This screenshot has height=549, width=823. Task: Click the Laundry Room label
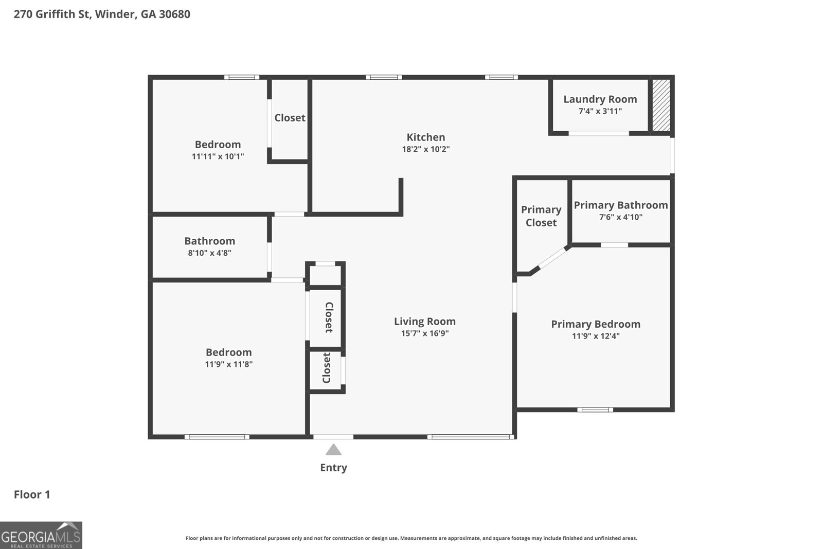[600, 99]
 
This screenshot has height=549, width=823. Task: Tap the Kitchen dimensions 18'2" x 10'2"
[425, 149]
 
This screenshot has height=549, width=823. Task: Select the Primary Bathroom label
[620, 205]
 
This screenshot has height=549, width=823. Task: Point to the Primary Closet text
[541, 216]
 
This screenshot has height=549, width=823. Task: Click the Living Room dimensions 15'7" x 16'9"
[424, 333]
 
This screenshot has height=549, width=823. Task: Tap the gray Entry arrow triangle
[333, 450]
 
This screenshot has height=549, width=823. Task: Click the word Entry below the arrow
[333, 468]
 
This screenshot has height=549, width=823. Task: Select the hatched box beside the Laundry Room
[661, 105]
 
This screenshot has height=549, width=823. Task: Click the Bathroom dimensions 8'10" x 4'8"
[209, 253]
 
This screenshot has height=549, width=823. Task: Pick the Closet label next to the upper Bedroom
[290, 118]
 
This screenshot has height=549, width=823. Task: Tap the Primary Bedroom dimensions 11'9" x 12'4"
[595, 336]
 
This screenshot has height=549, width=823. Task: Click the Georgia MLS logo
[41, 535]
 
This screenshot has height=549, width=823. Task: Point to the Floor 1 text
[32, 494]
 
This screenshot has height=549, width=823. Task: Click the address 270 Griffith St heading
[102, 14]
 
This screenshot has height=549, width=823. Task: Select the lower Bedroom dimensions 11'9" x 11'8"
[228, 364]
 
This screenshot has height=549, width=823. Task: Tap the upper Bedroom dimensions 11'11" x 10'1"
[218, 156]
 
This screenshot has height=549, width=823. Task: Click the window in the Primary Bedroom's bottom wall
[595, 410]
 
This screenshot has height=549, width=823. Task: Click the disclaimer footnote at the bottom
[411, 538]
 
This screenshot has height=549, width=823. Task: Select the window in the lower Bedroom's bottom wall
[217, 437]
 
